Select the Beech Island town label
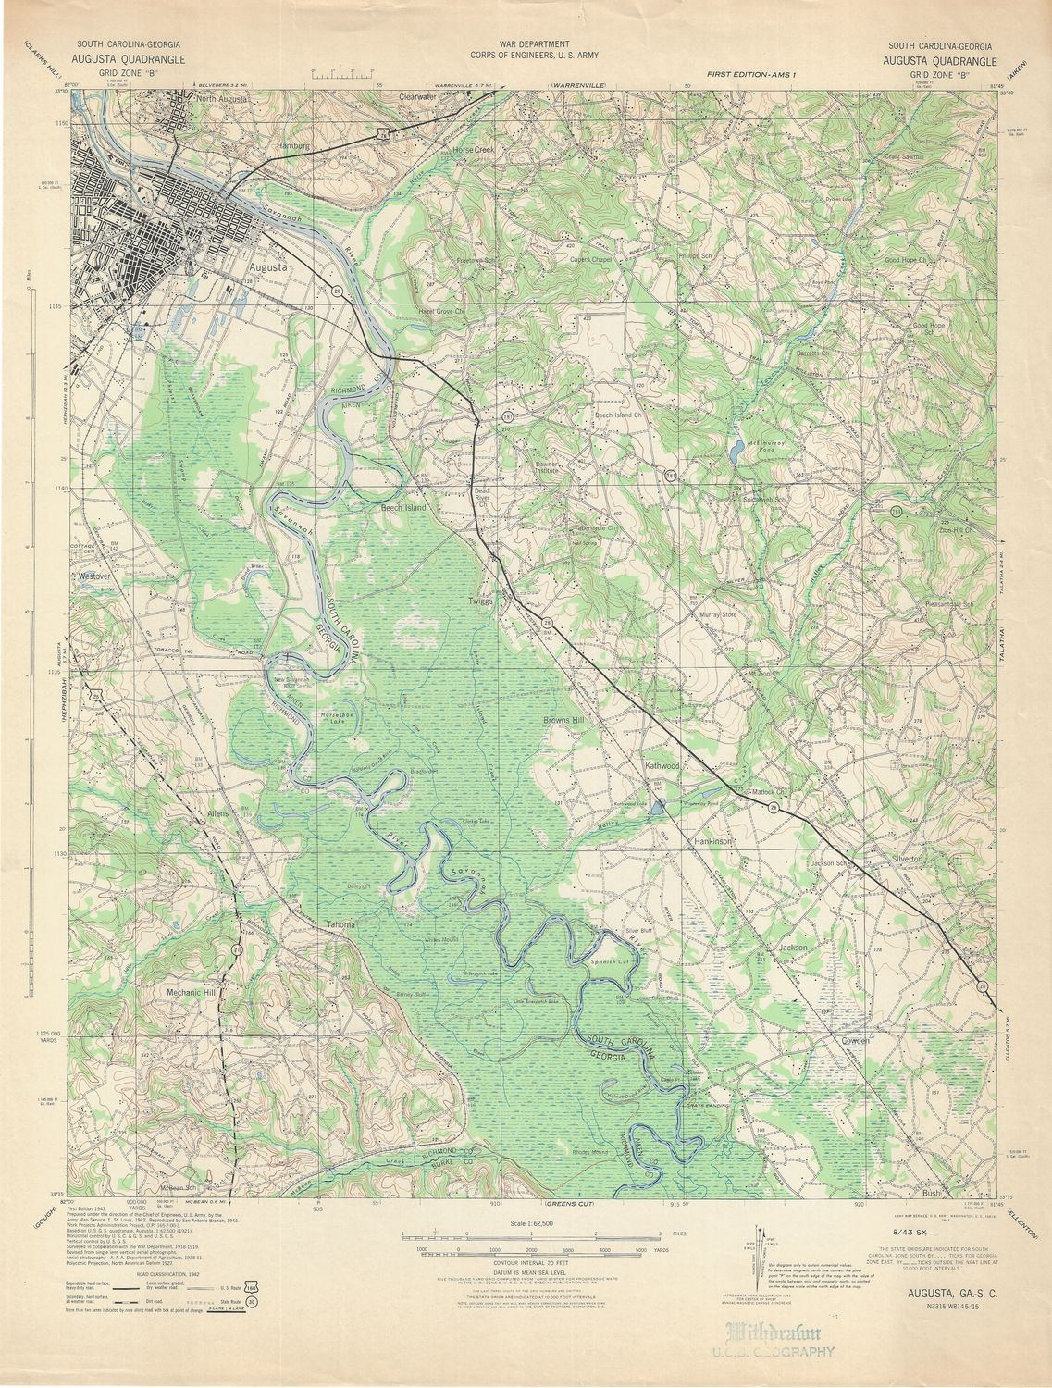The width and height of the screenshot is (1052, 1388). pyautogui.click(x=403, y=508)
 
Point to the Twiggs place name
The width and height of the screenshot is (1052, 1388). pyautogui.click(x=481, y=601)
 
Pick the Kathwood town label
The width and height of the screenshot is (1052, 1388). pyautogui.click(x=662, y=766)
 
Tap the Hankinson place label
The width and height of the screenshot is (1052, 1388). pyautogui.click(x=713, y=842)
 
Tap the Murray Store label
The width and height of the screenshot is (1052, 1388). pyautogui.click(x=717, y=614)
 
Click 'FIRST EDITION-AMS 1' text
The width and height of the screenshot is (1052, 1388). pyautogui.click(x=751, y=73)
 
